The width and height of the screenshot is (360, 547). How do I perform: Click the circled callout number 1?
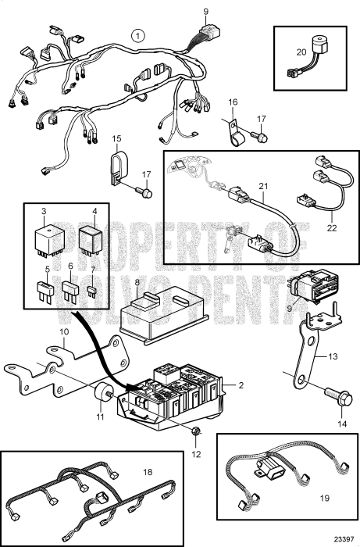click(138, 36)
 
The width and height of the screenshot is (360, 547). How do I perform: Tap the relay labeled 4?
click(91, 241)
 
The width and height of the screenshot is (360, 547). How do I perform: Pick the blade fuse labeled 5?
click(45, 291)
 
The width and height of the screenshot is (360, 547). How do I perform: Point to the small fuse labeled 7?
click(92, 291)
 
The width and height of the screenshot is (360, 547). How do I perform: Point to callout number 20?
click(301, 52)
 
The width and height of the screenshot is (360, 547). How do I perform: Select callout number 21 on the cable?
click(263, 186)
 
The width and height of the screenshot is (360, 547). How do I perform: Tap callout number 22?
click(332, 228)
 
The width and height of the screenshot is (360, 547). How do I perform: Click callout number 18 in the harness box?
click(148, 472)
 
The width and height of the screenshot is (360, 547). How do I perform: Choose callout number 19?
click(324, 498)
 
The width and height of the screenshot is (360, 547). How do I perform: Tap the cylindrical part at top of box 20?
click(319, 44)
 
